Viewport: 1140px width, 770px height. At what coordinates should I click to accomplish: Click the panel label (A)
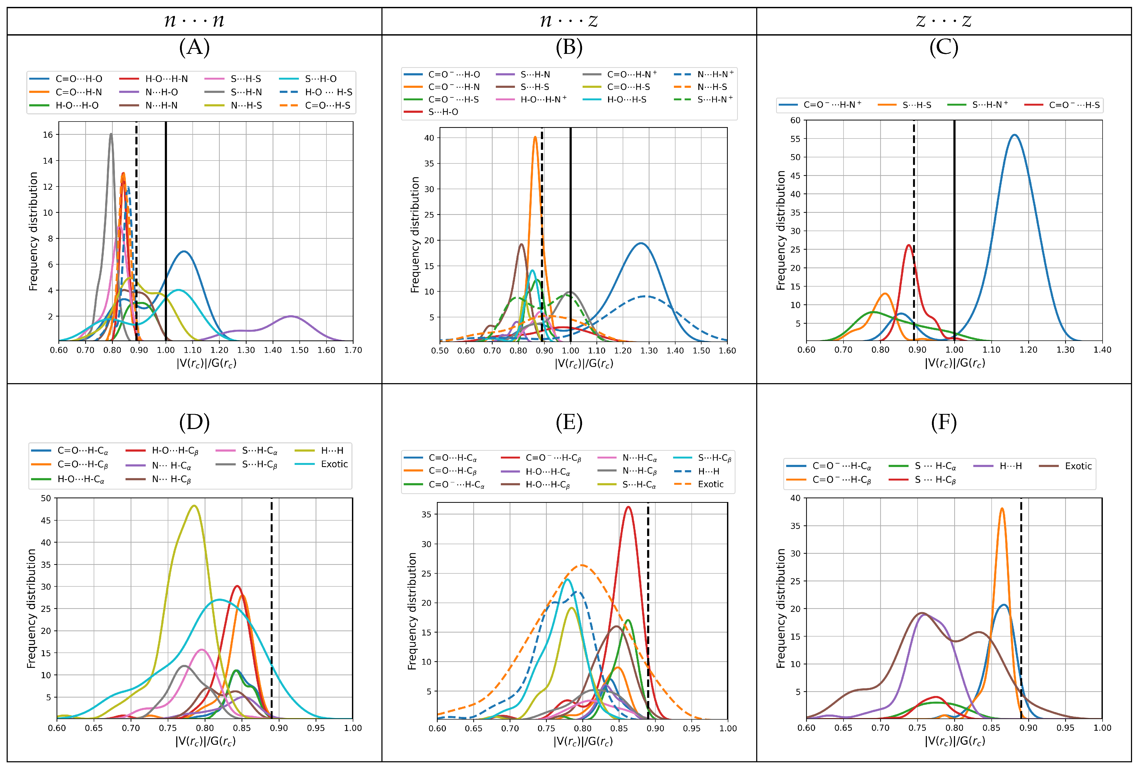(194, 47)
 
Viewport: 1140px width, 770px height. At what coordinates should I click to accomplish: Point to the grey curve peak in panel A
(111, 134)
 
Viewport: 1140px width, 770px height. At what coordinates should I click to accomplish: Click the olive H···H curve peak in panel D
(194, 506)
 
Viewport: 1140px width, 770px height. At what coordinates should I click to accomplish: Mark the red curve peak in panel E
(628, 507)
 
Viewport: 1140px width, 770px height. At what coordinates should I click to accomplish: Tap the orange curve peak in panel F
(1002, 509)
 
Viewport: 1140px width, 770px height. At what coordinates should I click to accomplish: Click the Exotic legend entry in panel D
(334, 464)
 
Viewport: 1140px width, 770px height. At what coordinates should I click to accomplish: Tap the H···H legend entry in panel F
(1010, 466)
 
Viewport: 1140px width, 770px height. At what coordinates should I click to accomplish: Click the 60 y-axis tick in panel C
(795, 120)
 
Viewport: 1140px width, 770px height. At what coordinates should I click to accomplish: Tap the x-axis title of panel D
(205, 741)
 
